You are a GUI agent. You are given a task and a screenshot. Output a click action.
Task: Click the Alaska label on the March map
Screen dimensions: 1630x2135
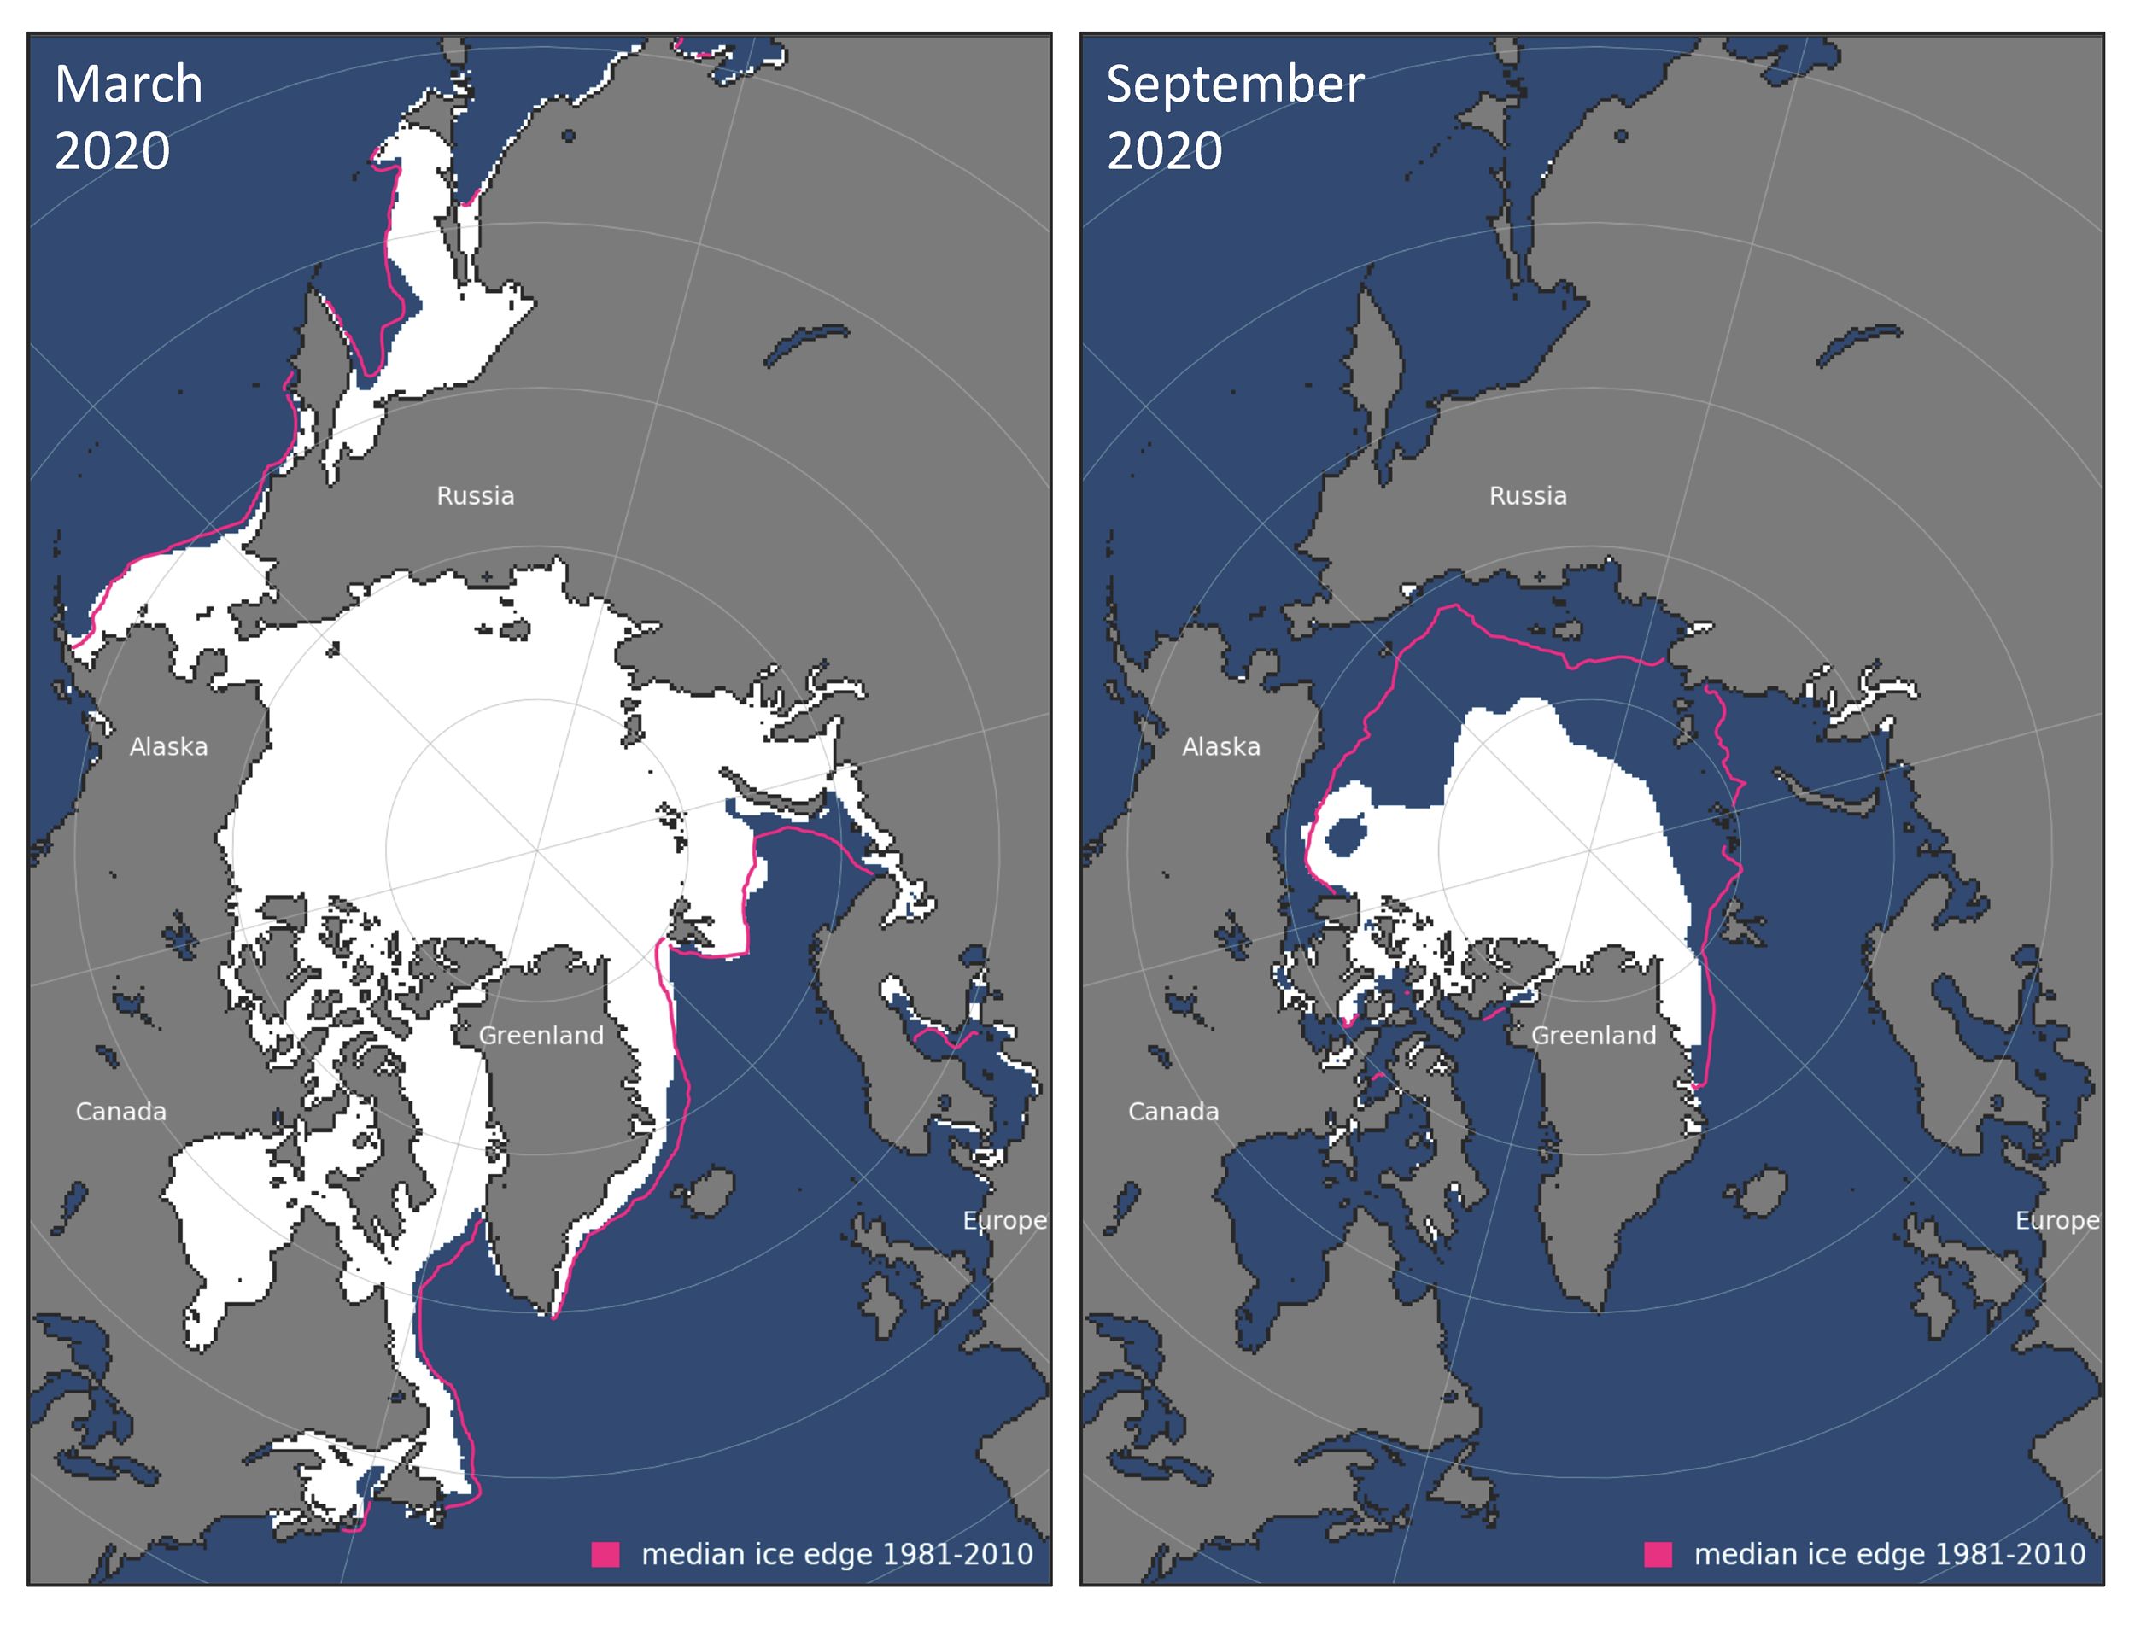(168, 747)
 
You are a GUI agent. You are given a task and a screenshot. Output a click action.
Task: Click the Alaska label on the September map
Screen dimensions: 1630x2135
(1221, 747)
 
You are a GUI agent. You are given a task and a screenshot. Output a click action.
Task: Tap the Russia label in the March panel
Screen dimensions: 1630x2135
(476, 496)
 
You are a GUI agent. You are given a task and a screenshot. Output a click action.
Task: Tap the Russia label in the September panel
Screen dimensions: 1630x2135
(1529, 496)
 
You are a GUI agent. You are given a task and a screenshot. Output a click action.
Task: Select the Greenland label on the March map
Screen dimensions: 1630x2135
(541, 1035)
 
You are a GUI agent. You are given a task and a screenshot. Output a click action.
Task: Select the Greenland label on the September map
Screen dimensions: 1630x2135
(1594, 1035)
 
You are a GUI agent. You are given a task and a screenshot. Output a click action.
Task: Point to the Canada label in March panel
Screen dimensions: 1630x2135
(120, 1111)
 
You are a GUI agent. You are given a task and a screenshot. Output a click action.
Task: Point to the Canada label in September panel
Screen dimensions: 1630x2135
(1173, 1111)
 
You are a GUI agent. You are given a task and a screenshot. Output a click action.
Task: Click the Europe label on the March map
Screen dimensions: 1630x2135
(1004, 1220)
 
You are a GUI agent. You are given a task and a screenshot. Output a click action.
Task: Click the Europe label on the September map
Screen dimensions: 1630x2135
(2057, 1220)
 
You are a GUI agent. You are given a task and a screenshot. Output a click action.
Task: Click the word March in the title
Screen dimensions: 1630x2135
(129, 85)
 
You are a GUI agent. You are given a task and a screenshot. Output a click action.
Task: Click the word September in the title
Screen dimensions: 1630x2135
(1234, 85)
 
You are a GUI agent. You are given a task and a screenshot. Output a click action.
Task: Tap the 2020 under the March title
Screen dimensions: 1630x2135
(112, 151)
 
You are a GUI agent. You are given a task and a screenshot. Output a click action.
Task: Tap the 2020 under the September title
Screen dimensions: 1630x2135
(1165, 151)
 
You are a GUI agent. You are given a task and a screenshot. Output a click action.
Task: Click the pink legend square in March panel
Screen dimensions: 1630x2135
(605, 1554)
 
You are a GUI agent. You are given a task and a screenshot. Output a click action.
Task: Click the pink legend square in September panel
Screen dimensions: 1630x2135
(1658, 1554)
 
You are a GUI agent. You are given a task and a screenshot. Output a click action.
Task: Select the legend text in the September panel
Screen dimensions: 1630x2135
(1889, 1554)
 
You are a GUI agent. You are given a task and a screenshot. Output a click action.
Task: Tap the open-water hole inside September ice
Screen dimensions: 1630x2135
(1346, 834)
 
